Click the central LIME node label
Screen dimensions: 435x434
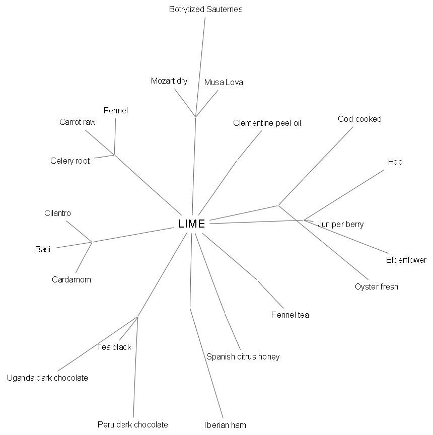point(192,224)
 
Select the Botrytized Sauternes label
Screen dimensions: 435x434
point(205,10)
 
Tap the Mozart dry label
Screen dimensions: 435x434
point(169,81)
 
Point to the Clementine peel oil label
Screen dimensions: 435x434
point(267,123)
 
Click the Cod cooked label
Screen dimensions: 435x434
point(359,119)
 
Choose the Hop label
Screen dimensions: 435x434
point(395,162)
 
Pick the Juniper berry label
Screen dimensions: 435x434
point(341,225)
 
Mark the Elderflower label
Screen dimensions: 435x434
point(406,260)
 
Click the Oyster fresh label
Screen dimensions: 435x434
point(376,287)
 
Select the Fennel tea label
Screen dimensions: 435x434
point(290,315)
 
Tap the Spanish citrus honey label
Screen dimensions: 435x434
point(243,357)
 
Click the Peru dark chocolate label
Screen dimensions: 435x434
point(132,425)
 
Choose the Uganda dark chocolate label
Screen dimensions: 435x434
point(47,378)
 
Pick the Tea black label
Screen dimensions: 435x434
point(114,347)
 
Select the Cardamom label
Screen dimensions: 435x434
point(71,280)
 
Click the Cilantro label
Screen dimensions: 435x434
point(57,213)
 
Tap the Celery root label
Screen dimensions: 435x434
point(70,161)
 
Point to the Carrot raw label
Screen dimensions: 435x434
point(78,122)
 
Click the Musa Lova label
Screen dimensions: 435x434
point(224,83)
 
